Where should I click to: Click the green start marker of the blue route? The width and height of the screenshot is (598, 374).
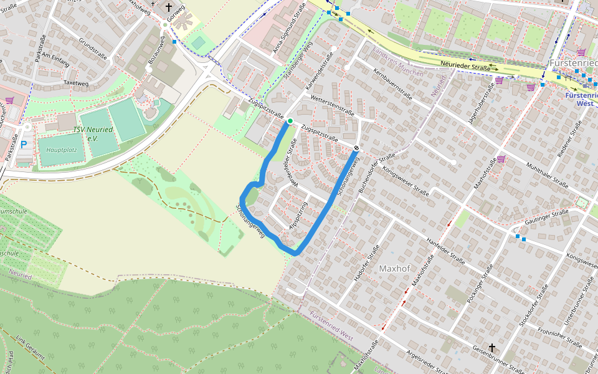[x=290, y=121]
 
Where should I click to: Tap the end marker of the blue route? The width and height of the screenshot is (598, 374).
[x=356, y=148]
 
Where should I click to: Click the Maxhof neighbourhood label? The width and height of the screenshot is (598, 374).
[x=397, y=269]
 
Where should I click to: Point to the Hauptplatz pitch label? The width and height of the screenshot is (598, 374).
[x=60, y=151]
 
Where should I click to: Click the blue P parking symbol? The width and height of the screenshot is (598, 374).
[x=24, y=145]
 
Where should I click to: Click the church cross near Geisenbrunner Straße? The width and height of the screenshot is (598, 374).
[x=492, y=348]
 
